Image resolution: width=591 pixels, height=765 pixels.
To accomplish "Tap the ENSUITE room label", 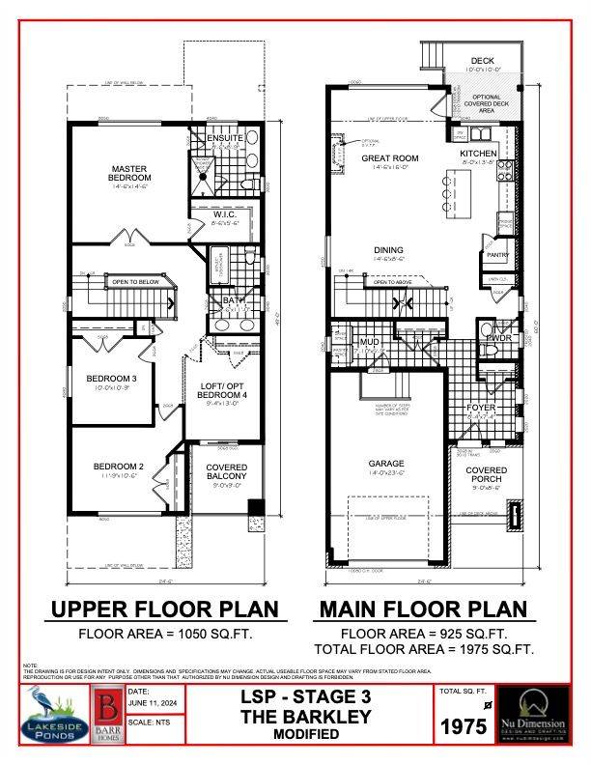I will click(224, 138).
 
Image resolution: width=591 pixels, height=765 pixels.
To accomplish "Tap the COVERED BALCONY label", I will click(227, 470).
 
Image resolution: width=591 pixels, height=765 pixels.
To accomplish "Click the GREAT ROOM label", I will click(389, 157).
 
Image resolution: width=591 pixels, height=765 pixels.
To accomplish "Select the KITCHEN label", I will click(479, 154).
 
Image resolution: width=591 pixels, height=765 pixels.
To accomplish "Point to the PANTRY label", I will click(498, 255).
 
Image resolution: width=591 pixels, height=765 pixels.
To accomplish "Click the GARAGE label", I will click(386, 464).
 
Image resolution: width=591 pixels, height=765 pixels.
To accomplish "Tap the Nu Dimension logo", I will click(539, 713).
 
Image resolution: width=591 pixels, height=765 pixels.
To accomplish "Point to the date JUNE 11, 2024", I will click(149, 704).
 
